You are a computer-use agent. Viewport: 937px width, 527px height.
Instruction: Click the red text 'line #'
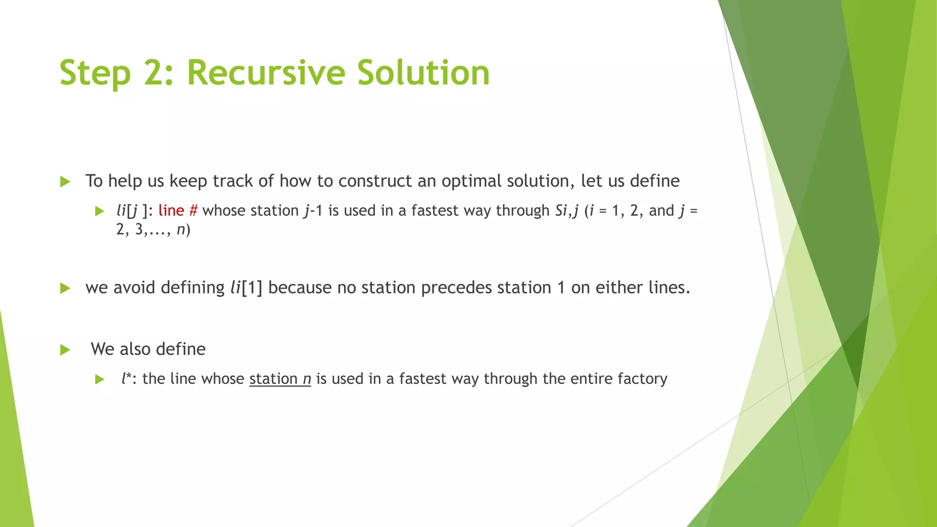pos(178,210)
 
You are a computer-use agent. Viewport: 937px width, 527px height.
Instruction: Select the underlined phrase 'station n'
pos(280,379)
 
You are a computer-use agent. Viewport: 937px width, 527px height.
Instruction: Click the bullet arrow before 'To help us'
pos(65,182)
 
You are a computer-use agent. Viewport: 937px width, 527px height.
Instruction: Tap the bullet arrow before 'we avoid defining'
pos(65,288)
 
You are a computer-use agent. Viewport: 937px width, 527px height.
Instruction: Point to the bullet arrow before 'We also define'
pos(65,350)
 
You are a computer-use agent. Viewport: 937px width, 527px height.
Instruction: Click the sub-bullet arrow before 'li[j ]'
pos(100,211)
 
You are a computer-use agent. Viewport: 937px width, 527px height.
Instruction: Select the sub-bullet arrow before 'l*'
pos(100,379)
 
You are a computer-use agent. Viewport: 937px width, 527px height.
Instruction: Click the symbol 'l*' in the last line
pos(127,378)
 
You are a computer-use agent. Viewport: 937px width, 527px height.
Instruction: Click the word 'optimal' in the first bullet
pos(471,181)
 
